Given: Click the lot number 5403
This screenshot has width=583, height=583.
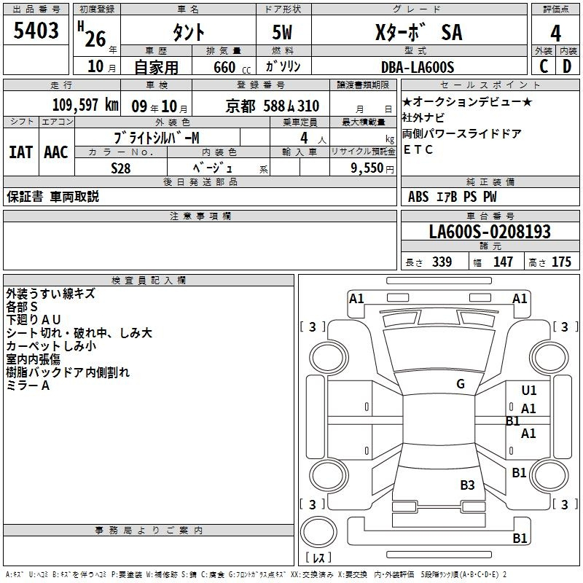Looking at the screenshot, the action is click(x=36, y=31).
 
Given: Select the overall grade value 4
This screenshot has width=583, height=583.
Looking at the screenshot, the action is click(x=555, y=34).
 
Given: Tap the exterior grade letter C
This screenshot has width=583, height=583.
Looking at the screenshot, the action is click(x=544, y=66).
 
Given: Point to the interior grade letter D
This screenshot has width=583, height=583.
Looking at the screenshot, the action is click(x=567, y=66).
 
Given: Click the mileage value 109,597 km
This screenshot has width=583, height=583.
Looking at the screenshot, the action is click(x=85, y=105).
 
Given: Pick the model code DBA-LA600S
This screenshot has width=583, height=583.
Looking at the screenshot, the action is click(x=418, y=67).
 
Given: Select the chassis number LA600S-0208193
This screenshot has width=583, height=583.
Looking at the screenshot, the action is click(x=490, y=232).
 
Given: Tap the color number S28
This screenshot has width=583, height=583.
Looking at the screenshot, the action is click(x=121, y=168).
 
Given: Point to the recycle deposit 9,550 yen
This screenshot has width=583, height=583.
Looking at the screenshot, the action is click(x=372, y=168).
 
